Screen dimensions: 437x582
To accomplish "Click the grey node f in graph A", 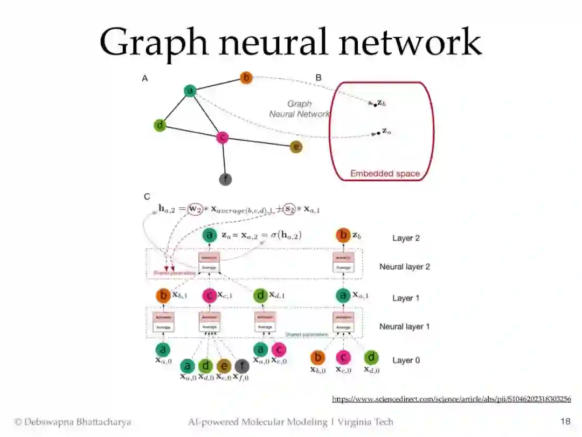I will (x=225, y=179).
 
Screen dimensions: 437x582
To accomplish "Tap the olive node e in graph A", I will (x=295, y=147).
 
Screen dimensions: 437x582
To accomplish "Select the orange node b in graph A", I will (x=246, y=78).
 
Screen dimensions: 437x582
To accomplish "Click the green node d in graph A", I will (x=160, y=126).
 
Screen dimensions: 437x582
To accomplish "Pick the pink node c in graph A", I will (x=221, y=138).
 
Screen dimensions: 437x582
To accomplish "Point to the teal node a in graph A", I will (x=190, y=91).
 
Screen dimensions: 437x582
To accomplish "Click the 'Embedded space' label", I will (x=385, y=174).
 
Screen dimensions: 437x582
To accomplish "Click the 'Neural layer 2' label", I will (x=404, y=267).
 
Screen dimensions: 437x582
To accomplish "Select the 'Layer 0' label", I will (x=406, y=360).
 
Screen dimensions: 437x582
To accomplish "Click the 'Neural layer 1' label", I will (x=404, y=326).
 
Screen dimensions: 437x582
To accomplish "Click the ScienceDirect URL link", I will (x=451, y=399).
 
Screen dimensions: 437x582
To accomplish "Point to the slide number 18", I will (x=565, y=421).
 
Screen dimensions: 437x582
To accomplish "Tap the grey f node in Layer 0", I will (x=242, y=366).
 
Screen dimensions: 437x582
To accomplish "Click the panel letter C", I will (x=147, y=197).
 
